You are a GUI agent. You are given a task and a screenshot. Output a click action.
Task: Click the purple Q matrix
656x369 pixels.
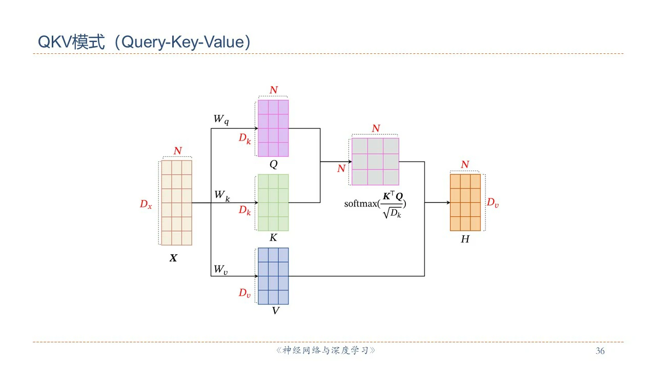point(273,128)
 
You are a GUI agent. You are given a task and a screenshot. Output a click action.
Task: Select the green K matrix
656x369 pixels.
point(273,202)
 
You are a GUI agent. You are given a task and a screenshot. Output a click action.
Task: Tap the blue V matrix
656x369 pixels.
point(273,276)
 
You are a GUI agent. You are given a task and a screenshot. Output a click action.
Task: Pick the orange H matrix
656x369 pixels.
point(465,202)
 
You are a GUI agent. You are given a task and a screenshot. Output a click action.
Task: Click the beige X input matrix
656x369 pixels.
point(176,203)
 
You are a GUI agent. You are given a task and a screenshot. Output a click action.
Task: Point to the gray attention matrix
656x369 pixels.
point(375,161)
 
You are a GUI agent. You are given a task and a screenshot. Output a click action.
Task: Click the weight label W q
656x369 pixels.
point(221,119)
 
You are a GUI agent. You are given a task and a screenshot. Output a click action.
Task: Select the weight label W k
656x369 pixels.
point(221,195)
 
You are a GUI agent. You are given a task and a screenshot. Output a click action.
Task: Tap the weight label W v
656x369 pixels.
point(221,270)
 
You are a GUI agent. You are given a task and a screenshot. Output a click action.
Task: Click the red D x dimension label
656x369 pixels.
point(146,204)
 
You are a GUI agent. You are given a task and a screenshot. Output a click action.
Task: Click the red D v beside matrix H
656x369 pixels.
point(493,203)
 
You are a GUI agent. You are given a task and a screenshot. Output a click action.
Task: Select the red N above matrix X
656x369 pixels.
point(177,151)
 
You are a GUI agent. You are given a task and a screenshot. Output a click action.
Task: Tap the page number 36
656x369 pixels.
point(600,351)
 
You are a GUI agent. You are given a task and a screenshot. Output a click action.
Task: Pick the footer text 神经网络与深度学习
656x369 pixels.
point(325,351)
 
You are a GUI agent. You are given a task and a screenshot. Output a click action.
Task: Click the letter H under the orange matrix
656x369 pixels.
point(465,239)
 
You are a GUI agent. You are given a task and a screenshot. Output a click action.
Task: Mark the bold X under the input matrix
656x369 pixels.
point(173,258)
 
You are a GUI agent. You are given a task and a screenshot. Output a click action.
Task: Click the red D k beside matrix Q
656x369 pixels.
point(245,138)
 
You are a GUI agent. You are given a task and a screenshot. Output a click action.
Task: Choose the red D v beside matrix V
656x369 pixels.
point(244,293)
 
